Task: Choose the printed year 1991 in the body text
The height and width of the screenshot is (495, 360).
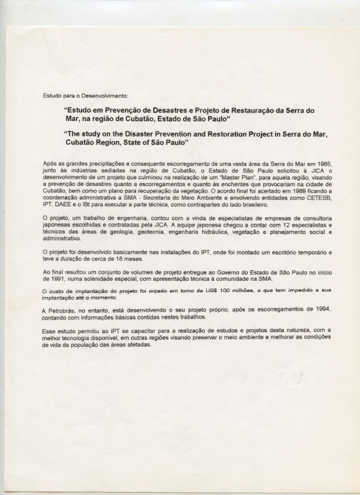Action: [50, 279]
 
